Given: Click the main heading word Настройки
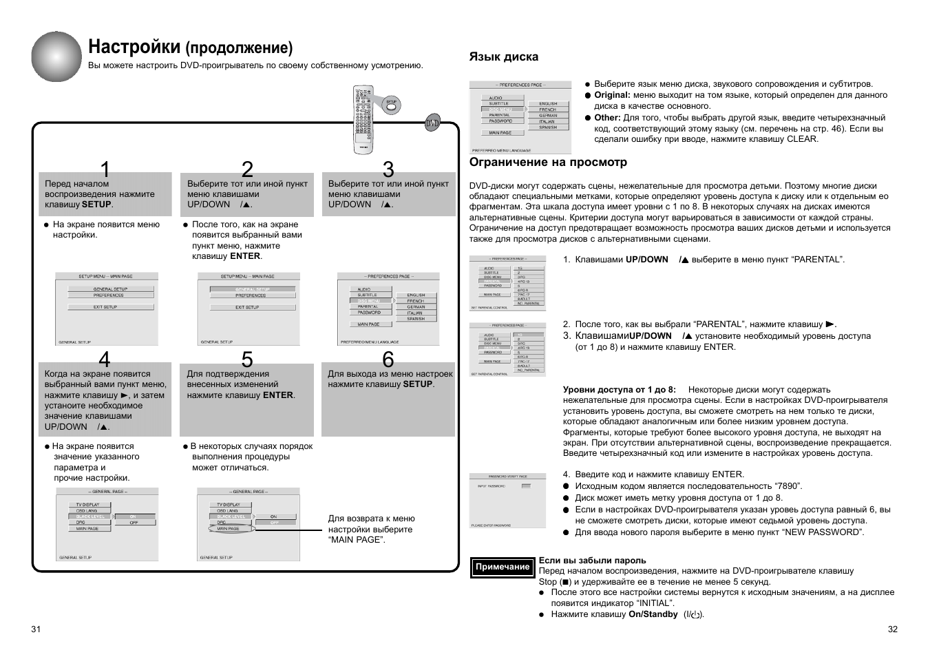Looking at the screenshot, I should [x=134, y=47].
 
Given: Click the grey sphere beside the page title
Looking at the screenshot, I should [x=56, y=56].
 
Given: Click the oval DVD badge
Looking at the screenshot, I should [x=432, y=124].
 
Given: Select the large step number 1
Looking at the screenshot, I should [x=105, y=169].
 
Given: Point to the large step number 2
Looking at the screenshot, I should [x=247, y=169].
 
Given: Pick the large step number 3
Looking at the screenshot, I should [x=388, y=169].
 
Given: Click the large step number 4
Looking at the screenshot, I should [x=105, y=359].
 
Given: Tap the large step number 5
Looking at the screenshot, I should [x=247, y=359].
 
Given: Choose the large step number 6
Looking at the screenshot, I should [x=388, y=359].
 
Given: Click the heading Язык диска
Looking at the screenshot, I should [x=503, y=57].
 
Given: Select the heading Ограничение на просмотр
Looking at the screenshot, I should [x=548, y=163].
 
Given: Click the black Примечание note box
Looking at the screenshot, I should [x=503, y=567].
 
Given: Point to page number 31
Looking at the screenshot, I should [x=36, y=629].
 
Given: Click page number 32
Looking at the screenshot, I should [x=893, y=629].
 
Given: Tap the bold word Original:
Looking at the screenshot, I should [x=612, y=95].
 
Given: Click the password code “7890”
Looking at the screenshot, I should [x=788, y=486].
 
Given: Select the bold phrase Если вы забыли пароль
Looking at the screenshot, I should [x=592, y=561].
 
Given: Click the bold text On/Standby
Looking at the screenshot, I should [x=653, y=614].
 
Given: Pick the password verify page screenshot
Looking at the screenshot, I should [x=507, y=501].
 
